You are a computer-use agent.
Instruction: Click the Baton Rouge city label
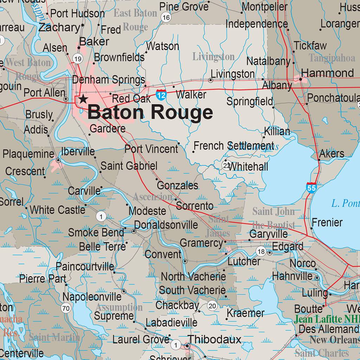coord(150,113)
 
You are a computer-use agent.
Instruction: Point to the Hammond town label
coord(327,73)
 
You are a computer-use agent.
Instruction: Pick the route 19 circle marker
coord(78,58)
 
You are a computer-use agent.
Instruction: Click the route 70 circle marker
coord(65,309)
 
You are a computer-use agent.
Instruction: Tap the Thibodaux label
coord(214,339)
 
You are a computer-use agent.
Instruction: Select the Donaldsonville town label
coord(166,225)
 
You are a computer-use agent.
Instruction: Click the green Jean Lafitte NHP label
coord(327,320)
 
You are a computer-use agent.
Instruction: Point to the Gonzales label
coord(178,185)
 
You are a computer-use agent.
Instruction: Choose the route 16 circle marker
coord(166,18)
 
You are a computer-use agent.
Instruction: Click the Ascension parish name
coord(153,197)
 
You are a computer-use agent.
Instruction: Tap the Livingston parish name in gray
coord(213,57)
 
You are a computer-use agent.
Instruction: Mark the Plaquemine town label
coord(28,154)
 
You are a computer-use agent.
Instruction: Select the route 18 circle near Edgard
coord(261,251)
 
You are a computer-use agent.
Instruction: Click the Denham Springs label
coord(109,80)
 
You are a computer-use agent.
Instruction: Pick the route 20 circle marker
coord(212,306)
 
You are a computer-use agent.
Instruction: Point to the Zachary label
coord(59,27)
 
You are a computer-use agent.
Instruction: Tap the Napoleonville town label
coord(92,297)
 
